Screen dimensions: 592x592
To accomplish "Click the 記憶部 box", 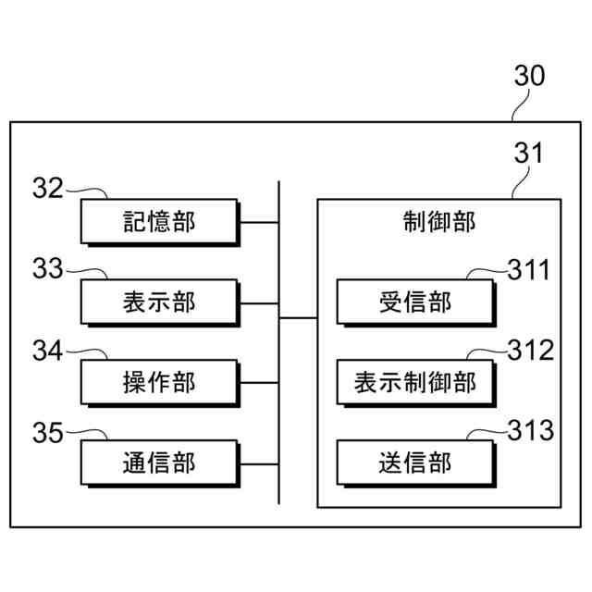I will (x=160, y=222).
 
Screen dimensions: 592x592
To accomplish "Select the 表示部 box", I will (x=160, y=302).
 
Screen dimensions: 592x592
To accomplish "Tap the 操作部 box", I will (x=160, y=381).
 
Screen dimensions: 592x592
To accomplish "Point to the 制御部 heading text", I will (x=438, y=223).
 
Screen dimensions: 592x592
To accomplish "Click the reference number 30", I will (x=530, y=77).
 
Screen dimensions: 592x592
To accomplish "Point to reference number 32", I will (x=47, y=189).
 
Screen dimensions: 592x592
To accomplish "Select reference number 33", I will (x=47, y=269).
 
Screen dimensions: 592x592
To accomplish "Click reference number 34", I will (x=47, y=351).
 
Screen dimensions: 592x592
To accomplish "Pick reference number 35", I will (x=47, y=431).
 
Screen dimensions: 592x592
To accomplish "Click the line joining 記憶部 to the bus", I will (x=260, y=222).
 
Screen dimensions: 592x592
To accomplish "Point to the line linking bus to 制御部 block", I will (x=298, y=318).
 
